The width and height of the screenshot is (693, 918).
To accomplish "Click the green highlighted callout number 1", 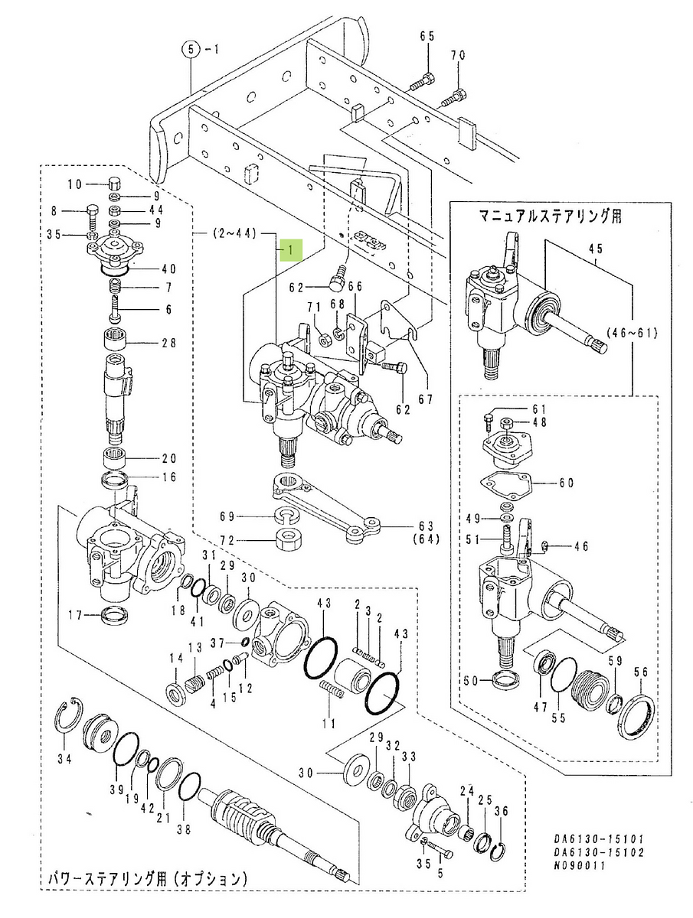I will coord(292,249).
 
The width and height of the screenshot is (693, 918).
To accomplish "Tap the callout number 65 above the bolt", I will coord(427,37).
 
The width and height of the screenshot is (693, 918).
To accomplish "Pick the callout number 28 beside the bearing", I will coord(168,343).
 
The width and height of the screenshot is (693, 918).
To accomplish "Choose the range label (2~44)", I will coord(234,232).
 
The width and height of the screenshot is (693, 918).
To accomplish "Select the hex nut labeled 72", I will coord(286,541).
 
